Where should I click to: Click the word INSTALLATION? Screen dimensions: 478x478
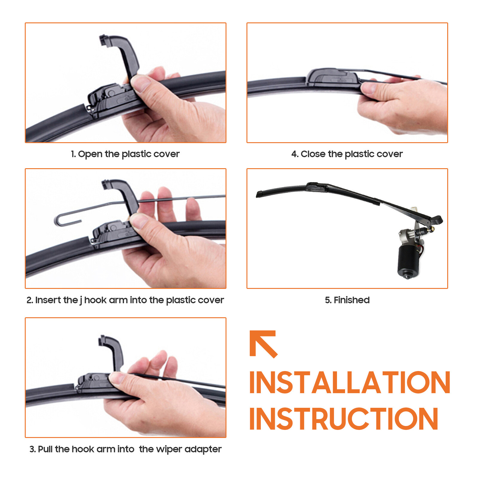pos(350,382)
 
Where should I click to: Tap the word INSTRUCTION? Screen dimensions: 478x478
pos(344,419)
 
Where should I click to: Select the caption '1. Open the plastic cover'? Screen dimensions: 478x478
pos(125,154)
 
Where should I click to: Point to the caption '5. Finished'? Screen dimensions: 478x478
pos(347,300)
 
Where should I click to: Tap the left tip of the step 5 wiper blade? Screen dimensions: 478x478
pos(257,195)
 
